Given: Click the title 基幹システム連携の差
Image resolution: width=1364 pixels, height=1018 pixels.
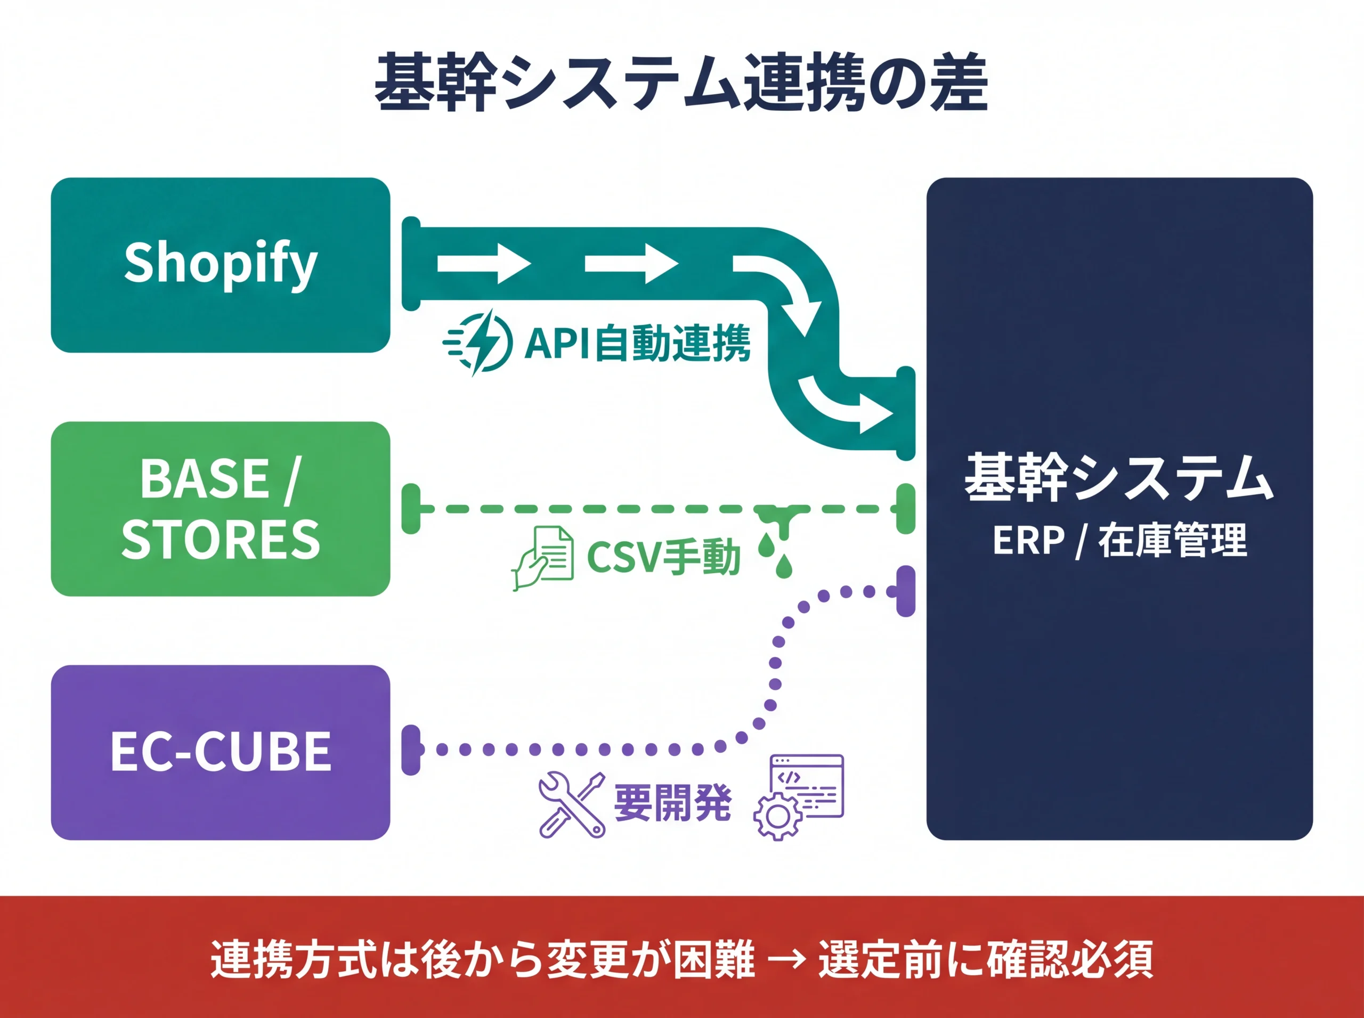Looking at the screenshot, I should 681,83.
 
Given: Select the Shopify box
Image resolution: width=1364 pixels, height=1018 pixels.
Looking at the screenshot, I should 220,265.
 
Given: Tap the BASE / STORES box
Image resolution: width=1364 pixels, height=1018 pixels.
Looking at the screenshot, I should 220,508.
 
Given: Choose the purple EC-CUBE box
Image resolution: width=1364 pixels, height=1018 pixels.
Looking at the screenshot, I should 220,752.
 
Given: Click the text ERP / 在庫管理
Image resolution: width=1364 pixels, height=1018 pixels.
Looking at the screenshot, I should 1119,540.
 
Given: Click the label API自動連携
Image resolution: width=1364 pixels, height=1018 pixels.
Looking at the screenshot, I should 637,343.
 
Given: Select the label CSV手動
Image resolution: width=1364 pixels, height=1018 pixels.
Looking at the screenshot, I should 663,557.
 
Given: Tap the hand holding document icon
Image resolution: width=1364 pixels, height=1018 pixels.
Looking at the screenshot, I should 542,558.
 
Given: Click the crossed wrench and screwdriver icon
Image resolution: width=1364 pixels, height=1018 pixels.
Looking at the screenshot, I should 571,804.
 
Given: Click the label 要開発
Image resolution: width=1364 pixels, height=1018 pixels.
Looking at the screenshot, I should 672,803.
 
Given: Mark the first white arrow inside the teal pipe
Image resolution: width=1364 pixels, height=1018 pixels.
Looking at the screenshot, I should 483,264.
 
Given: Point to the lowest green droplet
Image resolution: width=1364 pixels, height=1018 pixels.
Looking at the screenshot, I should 783,566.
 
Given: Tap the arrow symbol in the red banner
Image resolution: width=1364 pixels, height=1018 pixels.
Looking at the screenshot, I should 786,958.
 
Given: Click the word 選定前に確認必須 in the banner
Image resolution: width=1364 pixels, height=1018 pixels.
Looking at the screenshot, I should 985,958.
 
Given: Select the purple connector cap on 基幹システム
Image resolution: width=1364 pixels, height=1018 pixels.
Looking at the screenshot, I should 905,592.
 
